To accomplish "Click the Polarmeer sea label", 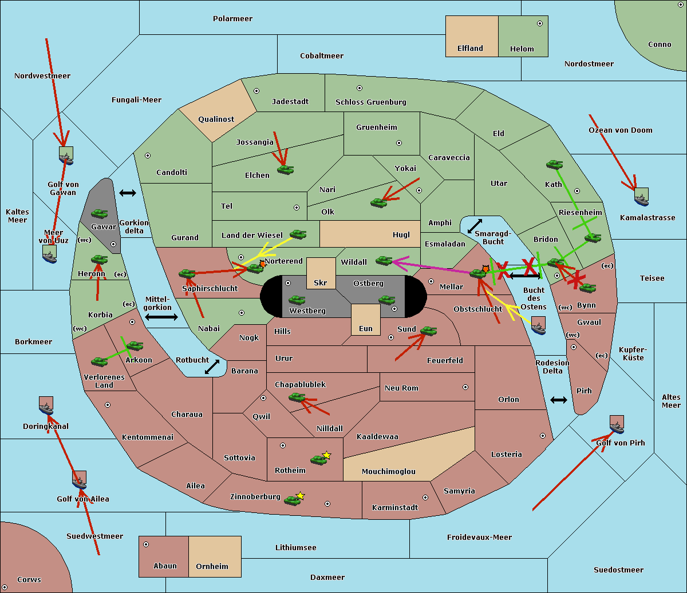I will [x=232, y=19].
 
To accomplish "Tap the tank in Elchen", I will [x=285, y=169].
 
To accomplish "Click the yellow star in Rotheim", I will [x=327, y=455].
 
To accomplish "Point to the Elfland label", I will [x=470, y=49].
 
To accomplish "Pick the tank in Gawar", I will [x=100, y=214].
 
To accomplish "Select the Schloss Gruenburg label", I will [x=370, y=102].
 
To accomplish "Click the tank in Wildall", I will [x=384, y=261].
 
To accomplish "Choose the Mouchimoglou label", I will [x=388, y=472].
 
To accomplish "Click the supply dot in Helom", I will [x=539, y=23].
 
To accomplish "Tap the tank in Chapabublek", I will [x=297, y=397].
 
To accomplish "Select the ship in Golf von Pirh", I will [x=617, y=425].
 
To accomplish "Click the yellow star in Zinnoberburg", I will [x=301, y=496].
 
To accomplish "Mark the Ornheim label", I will [x=212, y=567].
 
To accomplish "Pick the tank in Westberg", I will [x=297, y=300].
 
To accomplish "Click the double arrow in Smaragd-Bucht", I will [x=475, y=226].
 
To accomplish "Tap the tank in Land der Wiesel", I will [x=298, y=234].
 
